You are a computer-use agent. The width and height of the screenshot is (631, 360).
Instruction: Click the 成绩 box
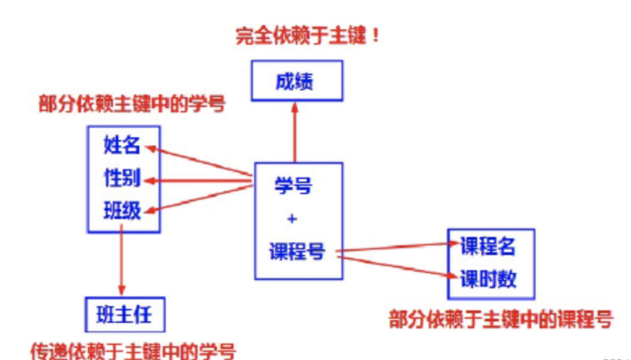pyautogui.click(x=297, y=80)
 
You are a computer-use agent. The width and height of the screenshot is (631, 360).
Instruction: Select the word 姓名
pyautogui.click(x=122, y=145)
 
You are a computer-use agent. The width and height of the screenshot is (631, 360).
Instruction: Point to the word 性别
pyautogui.click(x=122, y=178)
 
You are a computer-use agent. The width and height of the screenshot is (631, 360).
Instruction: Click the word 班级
pyautogui.click(x=122, y=211)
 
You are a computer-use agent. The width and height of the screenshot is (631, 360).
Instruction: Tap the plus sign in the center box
pyautogui.click(x=292, y=219)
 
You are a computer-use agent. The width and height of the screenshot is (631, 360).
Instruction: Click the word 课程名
pyautogui.click(x=488, y=246)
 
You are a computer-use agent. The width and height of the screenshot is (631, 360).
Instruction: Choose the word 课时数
pyautogui.click(x=488, y=279)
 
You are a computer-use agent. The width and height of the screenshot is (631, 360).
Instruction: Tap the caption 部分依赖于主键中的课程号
pyautogui.click(x=501, y=319)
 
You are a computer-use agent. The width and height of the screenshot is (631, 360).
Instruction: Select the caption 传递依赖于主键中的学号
pyautogui.click(x=133, y=350)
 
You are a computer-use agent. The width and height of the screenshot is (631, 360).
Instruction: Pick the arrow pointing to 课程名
pyautogui.click(x=396, y=247)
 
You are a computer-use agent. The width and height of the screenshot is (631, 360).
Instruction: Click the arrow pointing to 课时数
pyautogui.click(x=396, y=266)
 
